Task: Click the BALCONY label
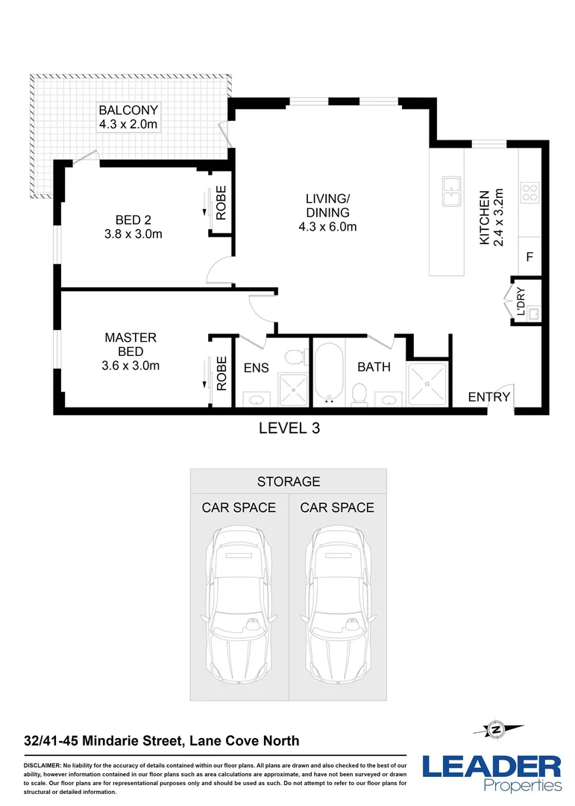pyautogui.click(x=128, y=111)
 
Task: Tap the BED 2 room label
pyautogui.click(x=133, y=219)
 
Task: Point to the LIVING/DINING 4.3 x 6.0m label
pyautogui.click(x=327, y=212)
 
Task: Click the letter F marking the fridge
pyautogui.click(x=530, y=257)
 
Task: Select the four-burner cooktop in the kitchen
pyautogui.click(x=530, y=193)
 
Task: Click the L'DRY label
pyautogui.click(x=521, y=302)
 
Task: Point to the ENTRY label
pyautogui.click(x=489, y=397)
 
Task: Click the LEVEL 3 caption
pyautogui.click(x=289, y=428)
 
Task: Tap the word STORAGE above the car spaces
pyautogui.click(x=289, y=481)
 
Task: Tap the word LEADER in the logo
pyautogui.click(x=491, y=766)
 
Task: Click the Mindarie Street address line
pyautogui.click(x=161, y=740)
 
